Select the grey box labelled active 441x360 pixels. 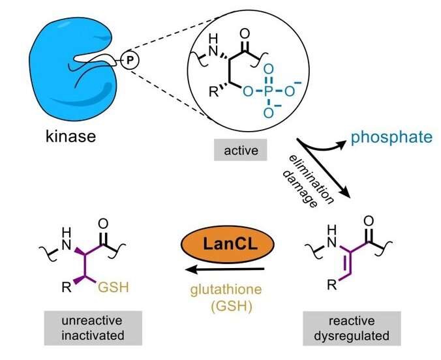[237, 152]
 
